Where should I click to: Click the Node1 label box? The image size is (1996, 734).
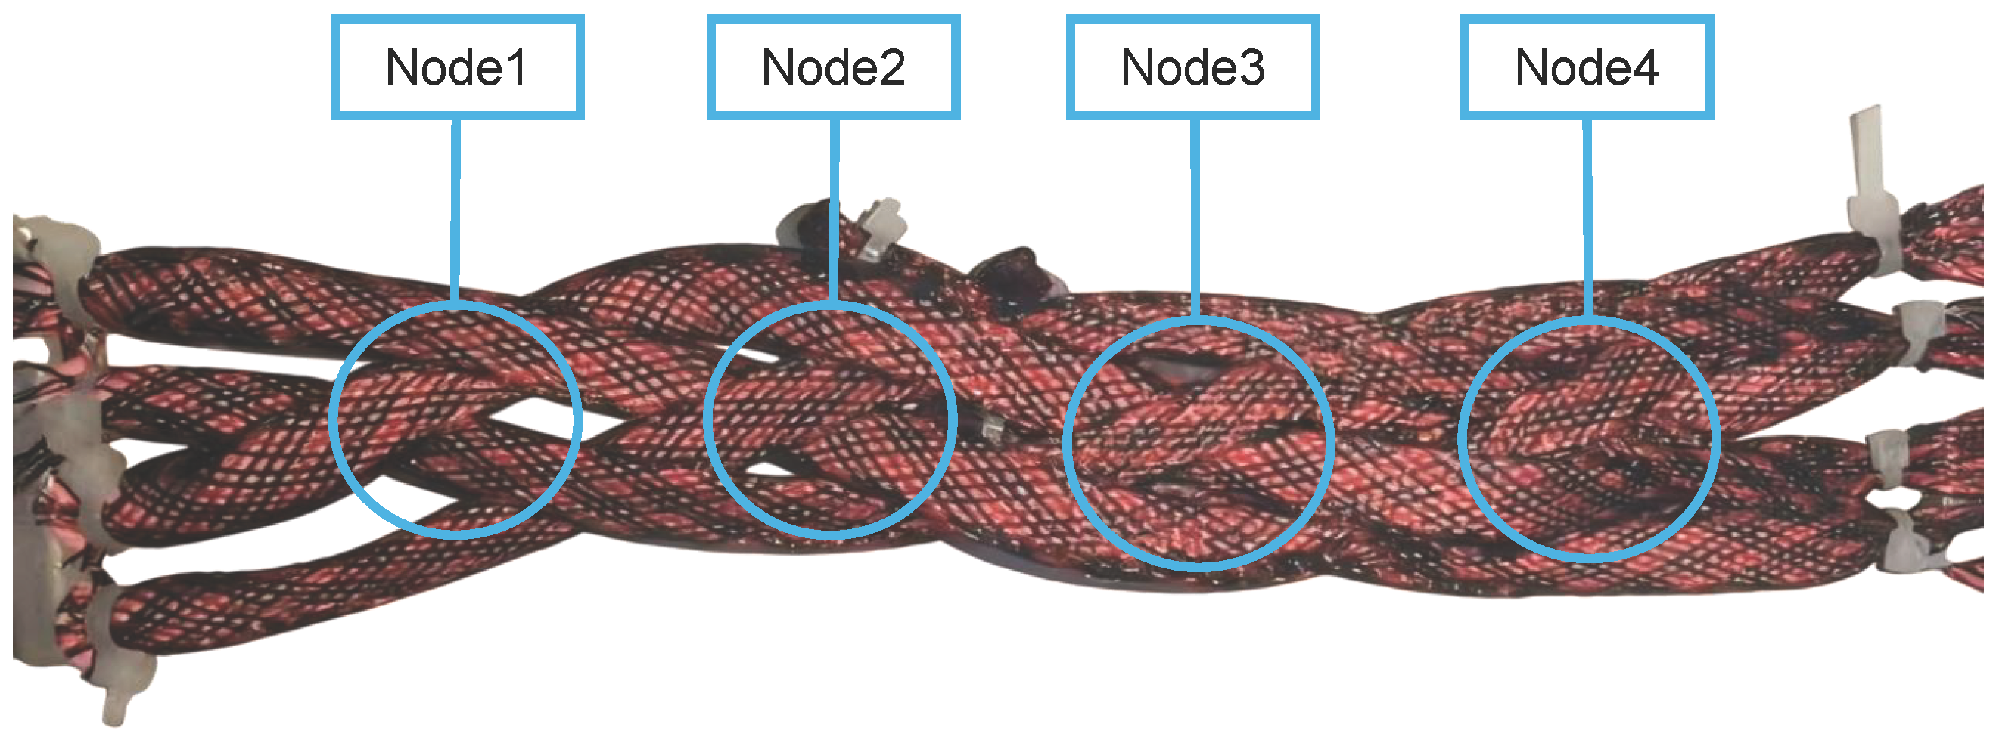(457, 67)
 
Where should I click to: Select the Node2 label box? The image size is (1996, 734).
(833, 67)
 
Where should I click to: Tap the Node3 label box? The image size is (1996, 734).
(1192, 67)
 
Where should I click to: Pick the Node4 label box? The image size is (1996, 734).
(1587, 67)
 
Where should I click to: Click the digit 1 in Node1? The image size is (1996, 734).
(517, 68)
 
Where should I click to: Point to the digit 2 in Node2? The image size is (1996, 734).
(891, 68)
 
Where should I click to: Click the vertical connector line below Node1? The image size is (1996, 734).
(455, 209)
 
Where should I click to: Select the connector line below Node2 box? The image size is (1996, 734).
(835, 209)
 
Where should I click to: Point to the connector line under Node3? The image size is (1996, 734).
(1195, 217)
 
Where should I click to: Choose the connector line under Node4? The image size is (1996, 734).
(1587, 217)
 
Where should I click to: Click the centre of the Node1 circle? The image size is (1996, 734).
(455, 419)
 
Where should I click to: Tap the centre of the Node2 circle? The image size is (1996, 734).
(830, 419)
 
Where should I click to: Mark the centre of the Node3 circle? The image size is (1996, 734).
(1198, 442)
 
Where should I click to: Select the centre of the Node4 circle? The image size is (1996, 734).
(1589, 438)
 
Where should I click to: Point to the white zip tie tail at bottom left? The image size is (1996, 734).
(117, 701)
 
